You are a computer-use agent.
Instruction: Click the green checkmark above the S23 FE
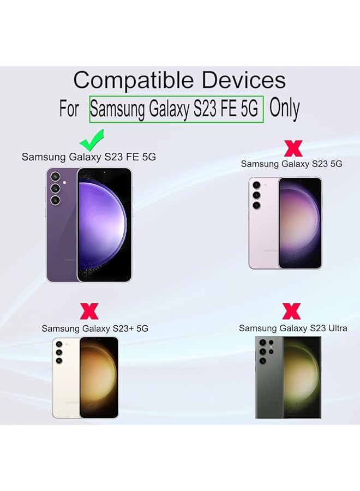pos(92,140)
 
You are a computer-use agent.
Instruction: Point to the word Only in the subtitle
pos(285,109)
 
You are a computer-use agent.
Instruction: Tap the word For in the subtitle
pos(69,109)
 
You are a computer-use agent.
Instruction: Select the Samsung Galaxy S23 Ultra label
pos(292,328)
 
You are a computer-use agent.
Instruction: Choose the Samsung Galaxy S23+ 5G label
pos(95,328)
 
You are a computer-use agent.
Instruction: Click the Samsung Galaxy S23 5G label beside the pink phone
pos(292,164)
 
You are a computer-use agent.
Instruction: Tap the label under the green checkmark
pos(89,157)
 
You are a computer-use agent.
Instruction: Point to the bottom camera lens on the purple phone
pos(55,200)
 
